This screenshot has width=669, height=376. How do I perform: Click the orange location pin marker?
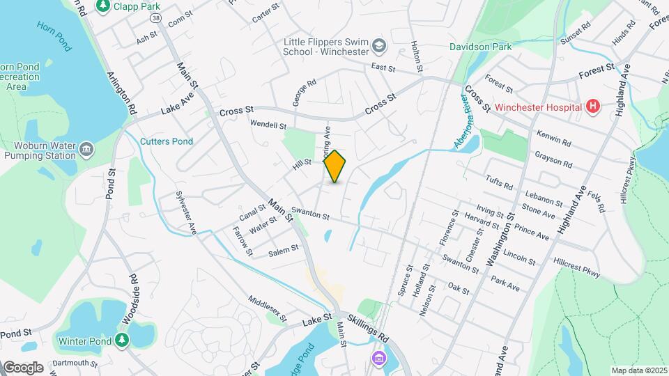pyautogui.click(x=335, y=166)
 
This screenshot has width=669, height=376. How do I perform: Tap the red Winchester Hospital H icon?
pyautogui.click(x=593, y=107)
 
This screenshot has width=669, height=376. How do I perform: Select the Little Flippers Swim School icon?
pyautogui.click(x=379, y=47)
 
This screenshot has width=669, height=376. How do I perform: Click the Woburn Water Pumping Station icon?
pyautogui.click(x=86, y=150)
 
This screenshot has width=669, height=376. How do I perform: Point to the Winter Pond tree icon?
pyautogui.click(x=123, y=340)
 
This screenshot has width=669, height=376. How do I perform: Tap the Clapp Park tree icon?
pyautogui.click(x=103, y=6)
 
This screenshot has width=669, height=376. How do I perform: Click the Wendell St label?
pyautogui.click(x=268, y=125)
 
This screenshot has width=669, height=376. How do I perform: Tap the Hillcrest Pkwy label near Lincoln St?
pyautogui.click(x=576, y=268)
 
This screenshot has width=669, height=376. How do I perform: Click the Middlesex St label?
pyautogui.click(x=267, y=308)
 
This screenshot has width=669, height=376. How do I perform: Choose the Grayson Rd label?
pyautogui.click(x=553, y=159)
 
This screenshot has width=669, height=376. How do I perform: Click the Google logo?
pyautogui.click(x=23, y=367)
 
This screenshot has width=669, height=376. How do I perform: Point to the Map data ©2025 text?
pyautogui.click(x=638, y=370)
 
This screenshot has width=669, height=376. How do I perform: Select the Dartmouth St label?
pyautogui.click(x=74, y=363)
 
